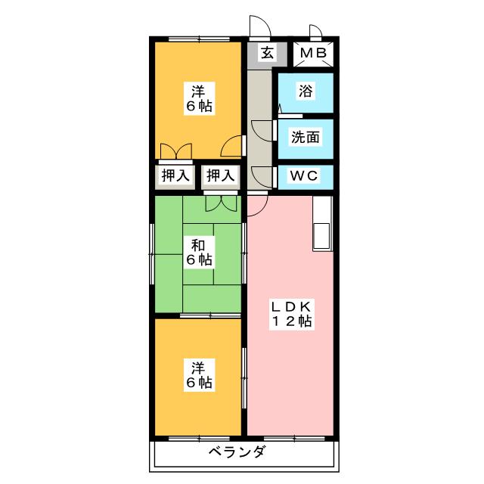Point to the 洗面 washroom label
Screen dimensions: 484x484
pyautogui.click(x=306, y=138)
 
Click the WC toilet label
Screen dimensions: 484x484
pyautogui.click(x=305, y=176)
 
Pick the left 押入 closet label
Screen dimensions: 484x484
pyautogui.click(x=175, y=176)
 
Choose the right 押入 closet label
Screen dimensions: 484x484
pyautogui.click(x=221, y=176)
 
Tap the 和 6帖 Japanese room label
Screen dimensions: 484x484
pyautogui.click(x=200, y=253)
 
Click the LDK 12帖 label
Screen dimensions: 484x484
pyautogui.click(x=292, y=314)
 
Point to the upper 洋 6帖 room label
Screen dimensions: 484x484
pyautogui.click(x=200, y=99)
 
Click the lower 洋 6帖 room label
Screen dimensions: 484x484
pyautogui.click(x=200, y=376)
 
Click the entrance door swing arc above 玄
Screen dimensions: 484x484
pyautogui.click(x=258, y=26)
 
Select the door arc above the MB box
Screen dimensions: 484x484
pyautogui.click(x=316, y=32)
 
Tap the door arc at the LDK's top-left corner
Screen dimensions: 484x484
pyautogui.click(x=256, y=203)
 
